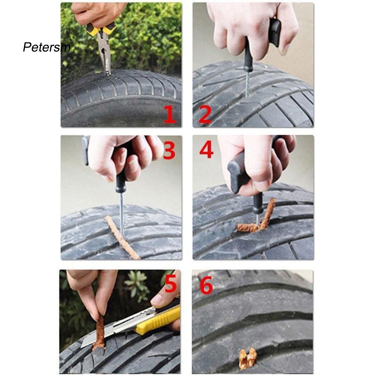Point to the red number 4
pyautogui.click(x=206, y=149)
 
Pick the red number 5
pyautogui.click(x=170, y=284)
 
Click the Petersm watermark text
pyautogui.click(x=46, y=47)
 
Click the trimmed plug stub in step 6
pyautogui.click(x=248, y=358)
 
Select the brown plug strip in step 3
pyautogui.click(x=122, y=238)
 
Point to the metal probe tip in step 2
pyautogui.click(x=247, y=84)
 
